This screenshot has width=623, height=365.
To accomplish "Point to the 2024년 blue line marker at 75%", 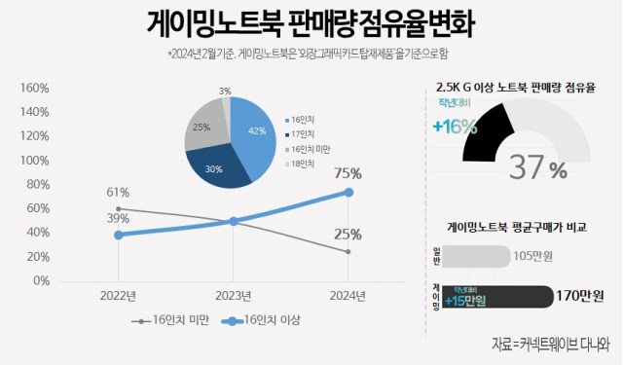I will (x=349, y=192).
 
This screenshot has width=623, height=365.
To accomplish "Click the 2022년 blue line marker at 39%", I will (x=119, y=235).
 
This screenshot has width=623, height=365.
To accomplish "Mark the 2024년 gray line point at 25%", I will (x=349, y=252).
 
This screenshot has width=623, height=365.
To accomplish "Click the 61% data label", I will (x=119, y=192).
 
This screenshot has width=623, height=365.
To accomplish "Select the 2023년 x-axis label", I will (x=234, y=296).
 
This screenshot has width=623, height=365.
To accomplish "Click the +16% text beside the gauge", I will (x=455, y=126).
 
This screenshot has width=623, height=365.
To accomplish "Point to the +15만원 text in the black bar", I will (x=466, y=299).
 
